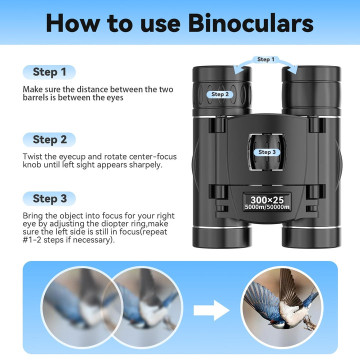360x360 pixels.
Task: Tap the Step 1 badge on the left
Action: click(49, 72)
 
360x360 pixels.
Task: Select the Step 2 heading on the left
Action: click(49, 139)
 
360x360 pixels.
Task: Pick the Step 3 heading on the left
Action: click(49, 198)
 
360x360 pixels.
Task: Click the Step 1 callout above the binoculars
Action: click(265, 59)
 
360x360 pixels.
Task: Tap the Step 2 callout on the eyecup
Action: click(220, 94)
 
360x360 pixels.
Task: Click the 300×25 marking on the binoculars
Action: click(266, 200)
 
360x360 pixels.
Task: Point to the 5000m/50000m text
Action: click(266, 207)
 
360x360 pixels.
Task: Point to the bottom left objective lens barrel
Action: click(222, 235)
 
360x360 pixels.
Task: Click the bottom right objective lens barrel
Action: click(311, 235)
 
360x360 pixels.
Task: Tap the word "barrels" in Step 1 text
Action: click(36, 98)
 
